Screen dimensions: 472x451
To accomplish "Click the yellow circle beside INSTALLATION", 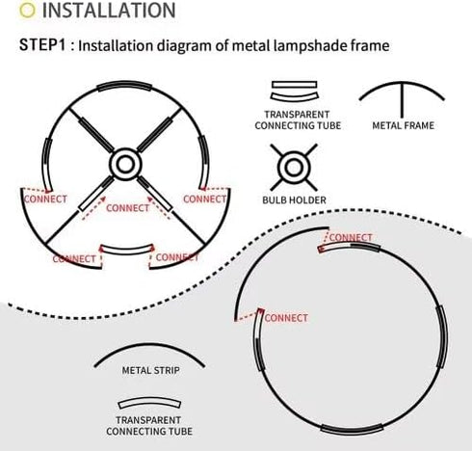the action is [x=27, y=11].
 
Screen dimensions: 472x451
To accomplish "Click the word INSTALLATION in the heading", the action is [x=109, y=11].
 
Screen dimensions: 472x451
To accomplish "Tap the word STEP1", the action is [x=42, y=44].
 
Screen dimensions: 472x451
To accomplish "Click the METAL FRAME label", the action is [x=403, y=125].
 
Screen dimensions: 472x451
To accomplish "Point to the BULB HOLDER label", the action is [x=294, y=200].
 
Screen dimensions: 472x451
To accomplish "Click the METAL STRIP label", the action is [x=150, y=370].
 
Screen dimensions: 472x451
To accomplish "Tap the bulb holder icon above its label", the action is [x=294, y=168].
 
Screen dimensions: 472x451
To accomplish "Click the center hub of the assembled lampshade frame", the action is [x=125, y=165].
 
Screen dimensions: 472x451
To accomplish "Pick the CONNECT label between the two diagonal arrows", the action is [x=128, y=208].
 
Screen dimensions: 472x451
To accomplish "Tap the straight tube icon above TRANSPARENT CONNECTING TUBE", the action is [x=294, y=85].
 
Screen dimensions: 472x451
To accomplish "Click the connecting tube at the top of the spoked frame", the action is [x=124, y=85].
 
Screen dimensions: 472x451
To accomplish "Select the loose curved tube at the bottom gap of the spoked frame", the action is [x=127, y=251].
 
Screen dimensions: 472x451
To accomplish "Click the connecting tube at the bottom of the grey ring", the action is [x=353, y=430].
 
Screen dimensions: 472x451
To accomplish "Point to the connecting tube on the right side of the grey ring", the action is [x=443, y=336].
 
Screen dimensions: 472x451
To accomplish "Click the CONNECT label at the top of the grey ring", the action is [x=351, y=238].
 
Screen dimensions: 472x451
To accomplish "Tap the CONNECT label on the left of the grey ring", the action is [x=286, y=318].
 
